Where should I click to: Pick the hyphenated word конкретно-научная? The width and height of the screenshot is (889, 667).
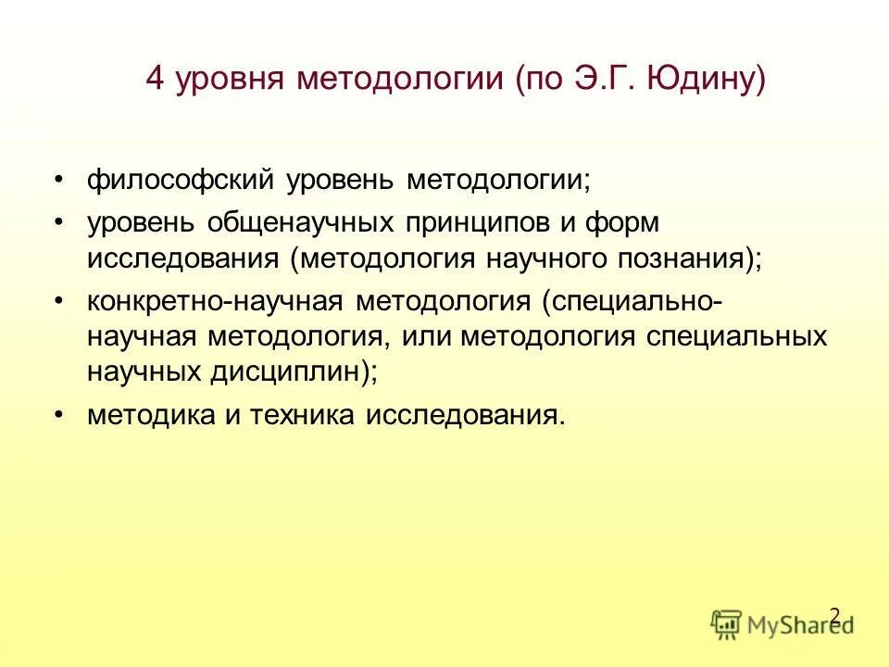(216, 302)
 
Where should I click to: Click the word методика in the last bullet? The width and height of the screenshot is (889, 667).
(148, 414)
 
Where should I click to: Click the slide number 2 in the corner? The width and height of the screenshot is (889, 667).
(834, 615)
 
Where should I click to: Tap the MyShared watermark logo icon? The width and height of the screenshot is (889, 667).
(727, 623)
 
